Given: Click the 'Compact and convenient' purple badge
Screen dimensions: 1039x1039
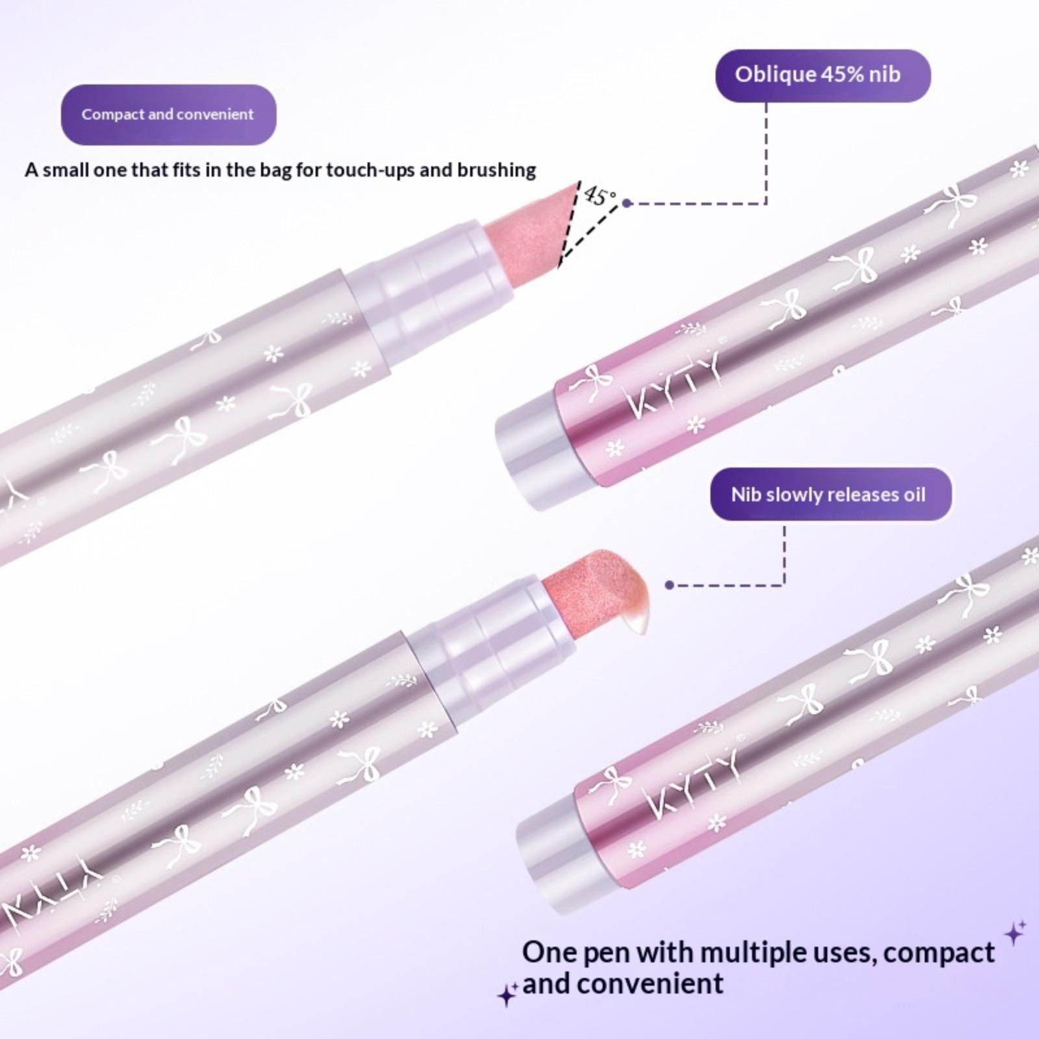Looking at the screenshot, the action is click(168, 114).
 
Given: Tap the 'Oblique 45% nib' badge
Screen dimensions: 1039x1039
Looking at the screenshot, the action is click(823, 75).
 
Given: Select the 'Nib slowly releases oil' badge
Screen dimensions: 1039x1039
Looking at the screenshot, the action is click(831, 494).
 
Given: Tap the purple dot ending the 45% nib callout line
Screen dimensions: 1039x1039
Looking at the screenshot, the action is click(627, 203).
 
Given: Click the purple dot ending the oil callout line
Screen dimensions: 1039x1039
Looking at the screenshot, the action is click(670, 585).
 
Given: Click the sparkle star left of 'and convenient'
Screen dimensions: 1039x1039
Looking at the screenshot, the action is click(507, 994).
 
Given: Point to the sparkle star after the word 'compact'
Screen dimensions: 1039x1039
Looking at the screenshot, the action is click(1015, 933).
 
